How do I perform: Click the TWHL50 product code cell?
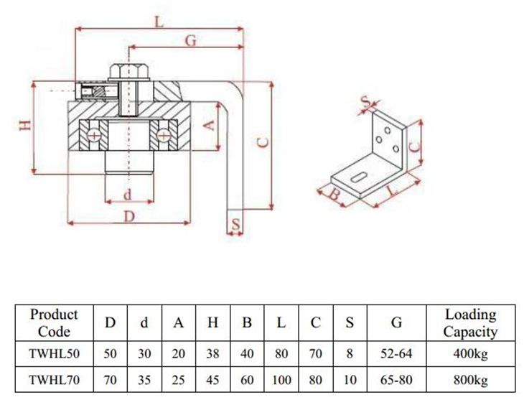(x=55, y=354)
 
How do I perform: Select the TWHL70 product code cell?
(x=55, y=379)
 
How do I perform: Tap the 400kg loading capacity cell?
(x=470, y=354)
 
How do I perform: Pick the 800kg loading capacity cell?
(x=470, y=379)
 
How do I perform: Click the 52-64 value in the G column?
(x=396, y=354)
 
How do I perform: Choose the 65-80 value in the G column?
(x=396, y=379)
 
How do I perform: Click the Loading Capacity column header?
(x=470, y=323)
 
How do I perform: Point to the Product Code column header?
(x=55, y=323)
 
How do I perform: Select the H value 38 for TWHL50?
(x=212, y=354)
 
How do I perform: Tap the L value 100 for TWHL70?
(x=281, y=379)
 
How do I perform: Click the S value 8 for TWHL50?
(x=350, y=354)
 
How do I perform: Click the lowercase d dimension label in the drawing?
(x=128, y=194)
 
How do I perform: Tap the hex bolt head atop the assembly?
(x=128, y=72)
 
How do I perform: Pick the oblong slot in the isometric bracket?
(x=357, y=177)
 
